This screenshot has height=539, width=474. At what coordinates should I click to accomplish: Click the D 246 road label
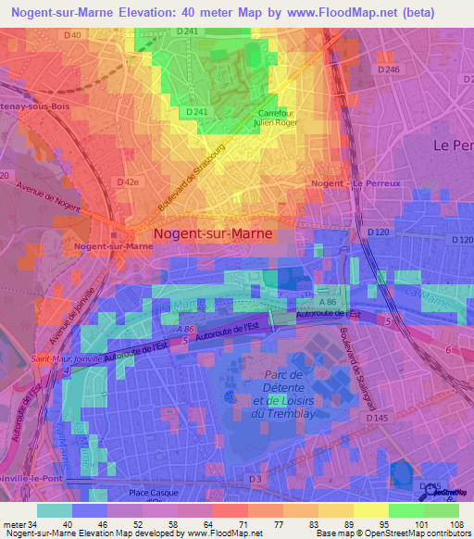tap(389, 69)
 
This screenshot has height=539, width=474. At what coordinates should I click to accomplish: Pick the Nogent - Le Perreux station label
tap(356, 183)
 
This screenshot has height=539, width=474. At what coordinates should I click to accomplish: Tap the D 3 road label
tap(256, 478)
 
